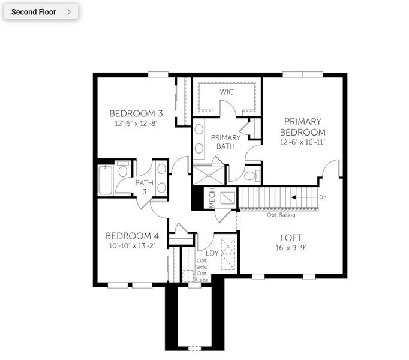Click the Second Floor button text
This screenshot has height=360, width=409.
point(34,11)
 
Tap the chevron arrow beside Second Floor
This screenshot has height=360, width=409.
point(70,11)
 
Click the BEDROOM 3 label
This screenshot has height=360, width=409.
point(136,113)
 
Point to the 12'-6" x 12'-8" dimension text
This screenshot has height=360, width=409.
point(136,123)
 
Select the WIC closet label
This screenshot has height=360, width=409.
point(226,92)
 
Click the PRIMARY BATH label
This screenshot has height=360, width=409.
point(225,142)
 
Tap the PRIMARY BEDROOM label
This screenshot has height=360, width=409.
point(303,127)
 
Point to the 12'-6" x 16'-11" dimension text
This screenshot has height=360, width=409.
point(303,143)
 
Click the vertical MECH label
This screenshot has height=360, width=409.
point(212,199)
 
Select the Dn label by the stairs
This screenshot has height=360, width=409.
point(323,197)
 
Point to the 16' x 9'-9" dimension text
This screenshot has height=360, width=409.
point(290,247)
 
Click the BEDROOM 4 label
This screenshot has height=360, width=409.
point(133,235)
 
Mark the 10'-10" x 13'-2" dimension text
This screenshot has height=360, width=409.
point(133,245)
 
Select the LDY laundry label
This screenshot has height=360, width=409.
point(212,253)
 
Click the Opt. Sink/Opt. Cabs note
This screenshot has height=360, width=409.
point(203,269)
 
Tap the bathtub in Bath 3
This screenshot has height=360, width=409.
point(105,181)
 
